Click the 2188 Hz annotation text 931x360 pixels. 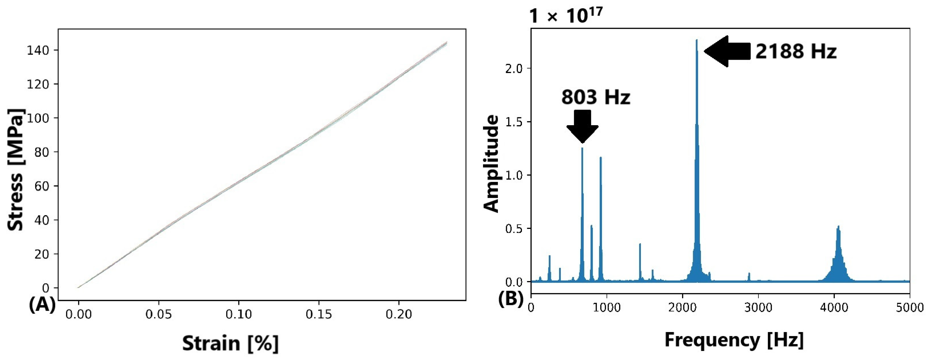[x=796, y=51]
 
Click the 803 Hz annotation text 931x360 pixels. [x=595, y=97]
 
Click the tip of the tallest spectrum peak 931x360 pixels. [x=696, y=41]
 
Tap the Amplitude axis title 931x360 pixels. [x=491, y=164]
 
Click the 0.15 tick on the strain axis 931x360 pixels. [x=318, y=314]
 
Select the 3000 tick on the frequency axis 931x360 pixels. [x=758, y=308]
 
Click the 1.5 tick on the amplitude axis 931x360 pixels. [x=513, y=122]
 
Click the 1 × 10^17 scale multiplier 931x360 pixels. [x=566, y=15]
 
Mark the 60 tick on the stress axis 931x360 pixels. [x=41, y=186]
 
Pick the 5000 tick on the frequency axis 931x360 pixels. [x=909, y=308]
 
